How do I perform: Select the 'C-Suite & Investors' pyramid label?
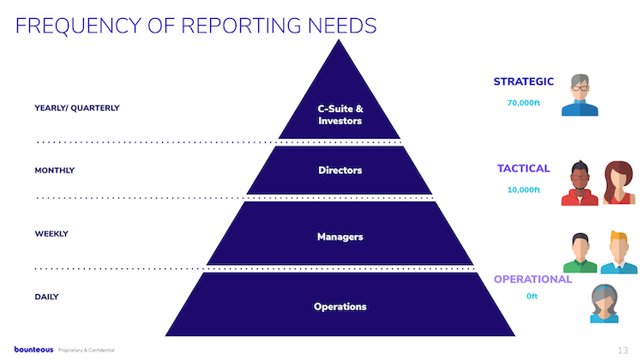[x=340, y=115]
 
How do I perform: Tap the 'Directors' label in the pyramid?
[x=340, y=171]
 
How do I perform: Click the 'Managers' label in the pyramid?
[x=340, y=237]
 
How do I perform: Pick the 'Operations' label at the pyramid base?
[x=340, y=307]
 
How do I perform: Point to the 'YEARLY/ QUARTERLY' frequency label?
[x=77, y=108]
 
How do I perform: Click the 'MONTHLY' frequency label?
[x=55, y=171]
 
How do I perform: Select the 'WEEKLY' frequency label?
[x=51, y=234]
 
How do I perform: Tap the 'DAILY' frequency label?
[x=47, y=297]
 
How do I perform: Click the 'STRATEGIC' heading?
[x=523, y=82]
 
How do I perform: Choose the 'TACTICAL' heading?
[x=524, y=169]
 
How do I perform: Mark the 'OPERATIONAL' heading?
[x=532, y=279]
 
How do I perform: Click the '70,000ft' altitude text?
[x=524, y=103]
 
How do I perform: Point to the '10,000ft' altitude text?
[x=524, y=189]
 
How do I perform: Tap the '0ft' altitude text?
[x=532, y=297]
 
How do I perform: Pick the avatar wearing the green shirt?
[x=580, y=252]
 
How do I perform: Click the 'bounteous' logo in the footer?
[x=34, y=350]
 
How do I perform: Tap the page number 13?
[x=622, y=351]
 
